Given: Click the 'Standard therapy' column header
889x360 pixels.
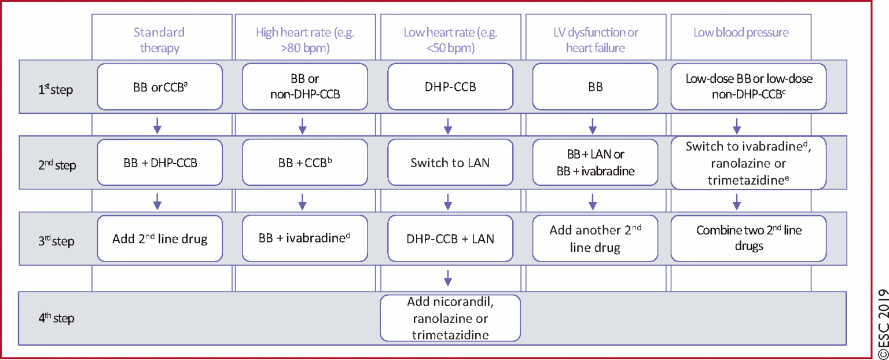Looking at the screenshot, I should (x=160, y=40).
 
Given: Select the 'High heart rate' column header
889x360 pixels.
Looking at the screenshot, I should (x=305, y=40).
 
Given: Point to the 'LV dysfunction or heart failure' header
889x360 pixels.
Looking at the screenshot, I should (x=595, y=40).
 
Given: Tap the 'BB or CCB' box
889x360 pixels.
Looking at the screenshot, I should (x=160, y=87).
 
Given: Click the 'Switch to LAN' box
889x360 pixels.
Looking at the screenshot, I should (x=450, y=163).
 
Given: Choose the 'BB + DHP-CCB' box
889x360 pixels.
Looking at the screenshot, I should (x=160, y=163).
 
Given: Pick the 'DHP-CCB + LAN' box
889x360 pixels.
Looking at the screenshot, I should (x=450, y=238).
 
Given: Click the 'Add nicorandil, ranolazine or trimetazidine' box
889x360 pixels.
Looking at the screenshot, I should (x=450, y=318).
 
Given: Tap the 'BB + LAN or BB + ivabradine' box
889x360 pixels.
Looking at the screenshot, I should (x=595, y=163).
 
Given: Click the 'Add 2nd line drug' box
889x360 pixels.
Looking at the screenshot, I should (x=160, y=238).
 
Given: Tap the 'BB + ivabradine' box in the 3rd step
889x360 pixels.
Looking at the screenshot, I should (x=305, y=238).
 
